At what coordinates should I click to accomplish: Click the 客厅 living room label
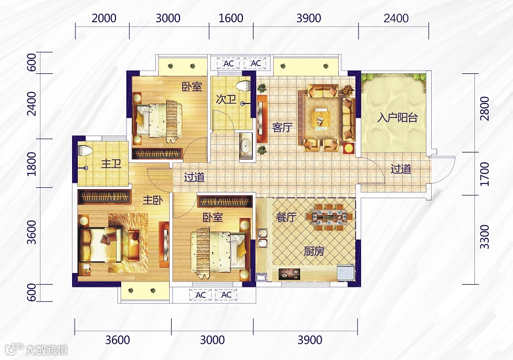click(x=282, y=127)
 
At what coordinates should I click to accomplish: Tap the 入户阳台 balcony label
click(x=398, y=117)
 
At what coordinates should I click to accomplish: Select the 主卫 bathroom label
click(x=111, y=163)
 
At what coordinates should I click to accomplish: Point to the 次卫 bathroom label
click(x=226, y=99)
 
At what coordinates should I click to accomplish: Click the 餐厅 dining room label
click(x=286, y=217)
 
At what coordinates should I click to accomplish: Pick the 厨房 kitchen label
click(x=314, y=251)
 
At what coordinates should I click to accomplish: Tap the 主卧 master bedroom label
click(x=153, y=200)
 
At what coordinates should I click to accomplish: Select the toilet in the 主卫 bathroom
click(x=85, y=151)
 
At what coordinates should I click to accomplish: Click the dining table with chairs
click(x=330, y=216)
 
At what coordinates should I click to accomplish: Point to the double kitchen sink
click(x=262, y=238)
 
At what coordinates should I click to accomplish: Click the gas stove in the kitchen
click(x=289, y=274)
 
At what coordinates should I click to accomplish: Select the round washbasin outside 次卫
click(x=246, y=144)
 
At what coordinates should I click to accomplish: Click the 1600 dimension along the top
click(x=231, y=18)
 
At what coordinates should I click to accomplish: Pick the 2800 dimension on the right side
click(x=485, y=108)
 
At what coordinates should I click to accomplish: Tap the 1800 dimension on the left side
click(x=31, y=164)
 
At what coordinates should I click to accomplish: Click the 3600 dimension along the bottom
click(x=117, y=340)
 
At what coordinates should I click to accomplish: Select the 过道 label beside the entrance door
click(x=401, y=169)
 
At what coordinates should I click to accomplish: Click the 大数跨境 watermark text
click(x=47, y=350)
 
